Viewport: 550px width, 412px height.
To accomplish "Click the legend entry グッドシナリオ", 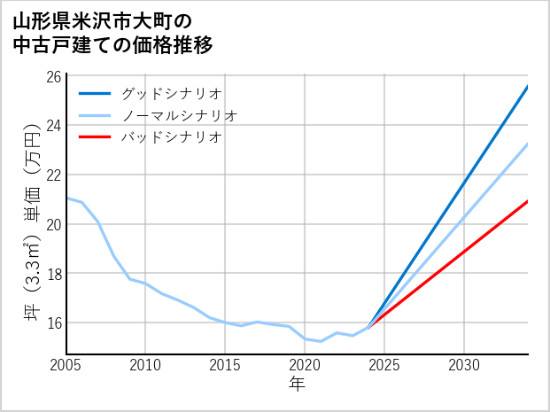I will (171, 93).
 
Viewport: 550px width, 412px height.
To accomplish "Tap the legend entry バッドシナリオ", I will (171, 137).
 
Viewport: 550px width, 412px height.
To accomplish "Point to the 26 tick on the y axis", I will (54, 76).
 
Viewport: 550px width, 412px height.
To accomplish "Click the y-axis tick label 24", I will (54, 125).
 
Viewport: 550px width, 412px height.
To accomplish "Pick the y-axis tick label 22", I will (54, 175).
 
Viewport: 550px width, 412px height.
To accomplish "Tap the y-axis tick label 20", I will (54, 224).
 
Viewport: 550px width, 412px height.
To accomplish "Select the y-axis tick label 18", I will (54, 274).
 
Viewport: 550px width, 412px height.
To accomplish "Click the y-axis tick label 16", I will (54, 323).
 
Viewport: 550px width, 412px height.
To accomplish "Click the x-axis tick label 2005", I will (66, 365).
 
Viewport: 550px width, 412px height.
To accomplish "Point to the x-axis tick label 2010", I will (145, 365).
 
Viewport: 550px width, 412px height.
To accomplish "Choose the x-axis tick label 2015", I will (225, 365).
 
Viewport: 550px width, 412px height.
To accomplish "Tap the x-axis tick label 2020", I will (305, 365).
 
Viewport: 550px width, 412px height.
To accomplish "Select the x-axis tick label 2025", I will (384, 365).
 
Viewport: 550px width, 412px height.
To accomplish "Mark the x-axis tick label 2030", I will (464, 365).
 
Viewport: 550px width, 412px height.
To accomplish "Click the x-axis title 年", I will (297, 385).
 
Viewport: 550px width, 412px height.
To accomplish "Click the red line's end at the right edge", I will (527, 201).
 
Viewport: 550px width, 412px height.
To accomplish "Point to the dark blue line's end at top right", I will (527, 87).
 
